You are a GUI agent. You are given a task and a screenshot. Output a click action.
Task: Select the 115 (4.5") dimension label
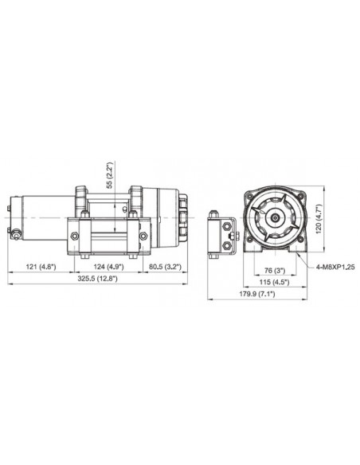(274, 282)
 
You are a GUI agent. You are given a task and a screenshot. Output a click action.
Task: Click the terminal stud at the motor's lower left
(15, 236)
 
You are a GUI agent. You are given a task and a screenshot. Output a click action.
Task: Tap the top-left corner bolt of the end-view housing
(250, 193)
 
